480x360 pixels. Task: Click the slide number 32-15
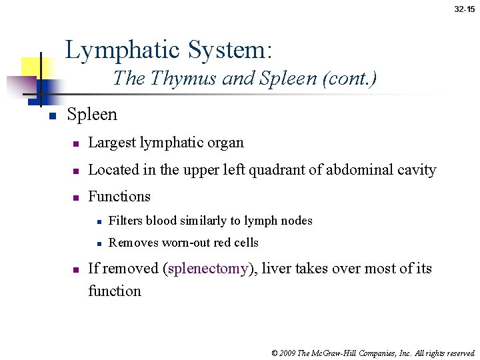[x=465, y=9]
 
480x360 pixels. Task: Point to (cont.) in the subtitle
[x=349, y=79]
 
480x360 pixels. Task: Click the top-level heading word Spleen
[x=92, y=115]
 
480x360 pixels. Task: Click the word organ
[x=227, y=143]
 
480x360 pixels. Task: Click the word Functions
[x=119, y=197]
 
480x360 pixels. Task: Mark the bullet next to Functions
[x=77, y=198]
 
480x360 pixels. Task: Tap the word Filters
[x=126, y=221]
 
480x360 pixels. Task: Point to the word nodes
[x=294, y=221]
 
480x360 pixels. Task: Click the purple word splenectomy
[x=209, y=269]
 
